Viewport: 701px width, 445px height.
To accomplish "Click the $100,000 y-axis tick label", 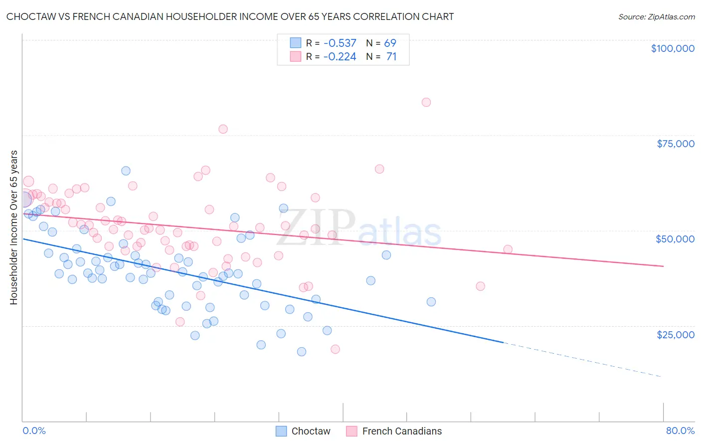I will click(x=672, y=48).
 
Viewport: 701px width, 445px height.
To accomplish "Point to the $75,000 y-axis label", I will click(x=675, y=144).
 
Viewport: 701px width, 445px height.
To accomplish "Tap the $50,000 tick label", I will click(x=675, y=239).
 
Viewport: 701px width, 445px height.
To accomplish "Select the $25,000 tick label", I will click(x=675, y=334).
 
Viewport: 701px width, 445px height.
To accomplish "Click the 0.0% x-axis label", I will click(x=34, y=431).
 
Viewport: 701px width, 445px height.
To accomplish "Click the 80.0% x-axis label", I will click(x=680, y=431).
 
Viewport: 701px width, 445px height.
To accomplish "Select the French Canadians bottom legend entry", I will click(x=394, y=431).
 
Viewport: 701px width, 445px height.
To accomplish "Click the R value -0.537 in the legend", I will click(x=340, y=43).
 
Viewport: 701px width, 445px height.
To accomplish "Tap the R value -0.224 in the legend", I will click(x=340, y=57).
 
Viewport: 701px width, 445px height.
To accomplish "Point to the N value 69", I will click(x=390, y=43).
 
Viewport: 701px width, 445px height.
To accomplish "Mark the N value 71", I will click(x=391, y=57).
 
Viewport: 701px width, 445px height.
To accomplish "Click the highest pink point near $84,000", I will click(x=426, y=102).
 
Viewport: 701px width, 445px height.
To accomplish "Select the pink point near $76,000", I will click(x=223, y=129).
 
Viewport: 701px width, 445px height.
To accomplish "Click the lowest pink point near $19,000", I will click(x=335, y=349).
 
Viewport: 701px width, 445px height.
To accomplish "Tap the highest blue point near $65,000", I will click(x=126, y=171).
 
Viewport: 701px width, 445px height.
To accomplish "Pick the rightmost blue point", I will click(x=431, y=302).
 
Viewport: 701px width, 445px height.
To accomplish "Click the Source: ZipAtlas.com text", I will click(x=656, y=17).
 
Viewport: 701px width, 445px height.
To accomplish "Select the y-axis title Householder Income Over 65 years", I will click(x=13, y=227).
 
